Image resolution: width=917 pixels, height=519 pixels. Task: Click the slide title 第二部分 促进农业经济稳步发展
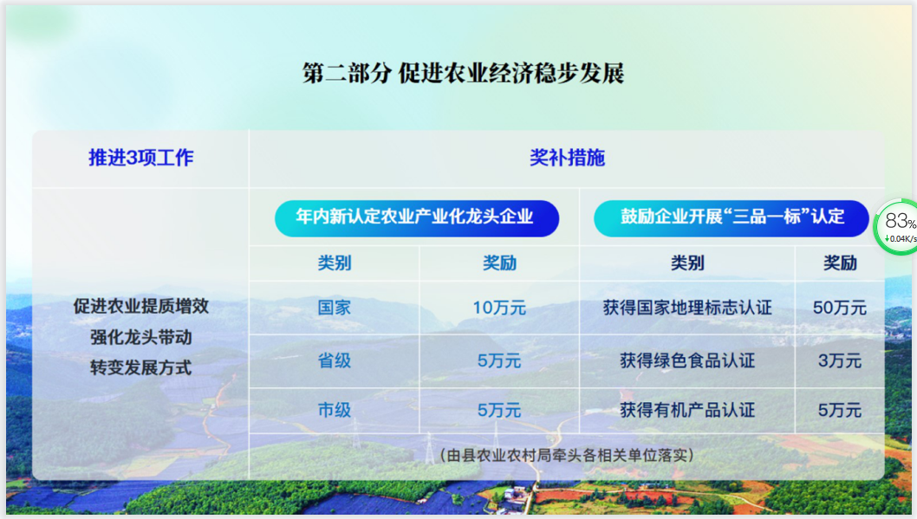coord(463,74)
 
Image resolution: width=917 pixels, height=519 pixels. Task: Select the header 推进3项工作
coord(141,158)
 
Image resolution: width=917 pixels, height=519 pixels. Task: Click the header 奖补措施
coord(567,158)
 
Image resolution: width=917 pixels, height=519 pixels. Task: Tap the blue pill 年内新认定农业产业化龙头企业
coord(416,218)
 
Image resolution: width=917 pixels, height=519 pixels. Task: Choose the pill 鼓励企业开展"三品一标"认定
coord(731,218)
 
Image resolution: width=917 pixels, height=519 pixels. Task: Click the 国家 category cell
coord(334,308)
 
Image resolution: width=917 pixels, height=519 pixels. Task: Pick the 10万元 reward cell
coord(499,308)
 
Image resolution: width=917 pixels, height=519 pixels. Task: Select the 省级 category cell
coord(334,360)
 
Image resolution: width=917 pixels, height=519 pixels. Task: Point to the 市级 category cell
coord(334,410)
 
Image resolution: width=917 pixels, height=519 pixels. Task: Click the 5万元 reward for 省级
coord(499,360)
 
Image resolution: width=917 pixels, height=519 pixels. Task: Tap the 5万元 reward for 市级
coord(499,410)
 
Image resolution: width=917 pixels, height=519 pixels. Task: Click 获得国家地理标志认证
coord(687,308)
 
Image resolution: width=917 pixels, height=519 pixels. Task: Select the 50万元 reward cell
coord(839,308)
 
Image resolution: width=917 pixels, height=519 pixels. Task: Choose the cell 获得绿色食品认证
coord(687,360)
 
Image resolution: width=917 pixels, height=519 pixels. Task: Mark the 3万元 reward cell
coord(839,360)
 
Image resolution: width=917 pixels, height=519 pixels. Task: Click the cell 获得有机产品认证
coord(687,410)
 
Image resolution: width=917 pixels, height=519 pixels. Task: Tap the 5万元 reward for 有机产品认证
coord(839,410)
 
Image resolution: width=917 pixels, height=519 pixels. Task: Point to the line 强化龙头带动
coord(141,337)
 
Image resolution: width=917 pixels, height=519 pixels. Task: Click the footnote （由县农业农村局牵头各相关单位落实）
coord(567,455)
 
